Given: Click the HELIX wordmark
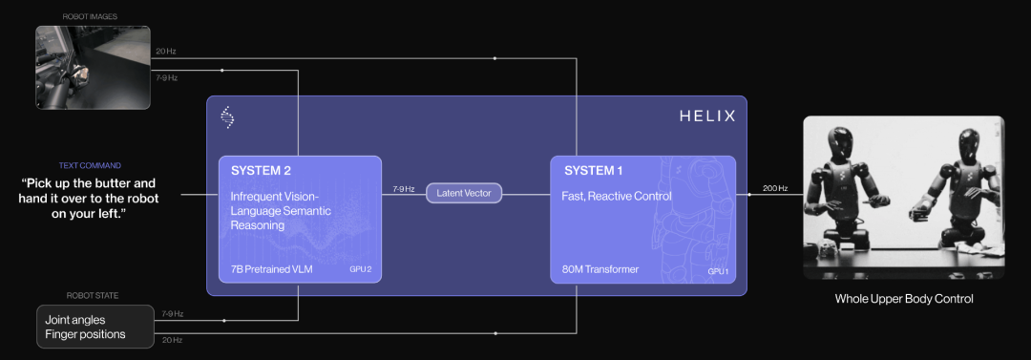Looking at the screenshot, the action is click(x=706, y=117).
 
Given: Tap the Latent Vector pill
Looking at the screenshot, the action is click(x=464, y=193).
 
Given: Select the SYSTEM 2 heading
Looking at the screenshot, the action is click(x=261, y=171).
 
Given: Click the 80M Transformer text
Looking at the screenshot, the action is click(x=600, y=269).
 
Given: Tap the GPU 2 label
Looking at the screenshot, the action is click(x=360, y=270).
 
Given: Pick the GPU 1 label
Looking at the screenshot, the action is click(x=718, y=271).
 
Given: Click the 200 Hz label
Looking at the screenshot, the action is click(x=774, y=188).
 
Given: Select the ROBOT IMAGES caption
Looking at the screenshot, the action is click(x=90, y=16).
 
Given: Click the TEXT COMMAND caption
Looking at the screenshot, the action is click(x=90, y=166).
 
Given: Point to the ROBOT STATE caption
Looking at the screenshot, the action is click(x=93, y=295).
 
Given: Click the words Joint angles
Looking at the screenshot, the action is click(x=75, y=321).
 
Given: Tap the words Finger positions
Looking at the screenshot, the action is click(x=86, y=334).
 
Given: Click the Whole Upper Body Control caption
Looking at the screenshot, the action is click(x=904, y=299).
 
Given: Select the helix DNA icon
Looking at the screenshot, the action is click(x=227, y=117).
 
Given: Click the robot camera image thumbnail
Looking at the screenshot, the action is click(x=93, y=67).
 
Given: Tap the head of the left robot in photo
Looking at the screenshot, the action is click(x=841, y=140).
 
